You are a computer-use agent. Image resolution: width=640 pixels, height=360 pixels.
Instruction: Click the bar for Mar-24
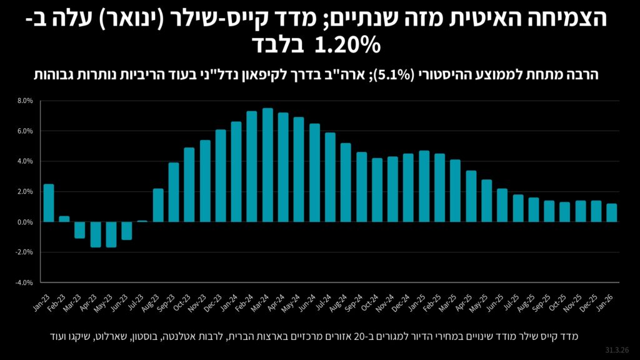267,165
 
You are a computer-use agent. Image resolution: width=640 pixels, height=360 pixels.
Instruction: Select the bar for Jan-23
49,203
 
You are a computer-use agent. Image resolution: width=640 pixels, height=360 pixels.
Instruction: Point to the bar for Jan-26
611,212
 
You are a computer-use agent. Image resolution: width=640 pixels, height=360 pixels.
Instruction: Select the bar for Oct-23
189,184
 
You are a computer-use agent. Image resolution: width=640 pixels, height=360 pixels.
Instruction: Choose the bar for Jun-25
502,205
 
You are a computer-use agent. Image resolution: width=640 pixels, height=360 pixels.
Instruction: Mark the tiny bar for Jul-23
142,221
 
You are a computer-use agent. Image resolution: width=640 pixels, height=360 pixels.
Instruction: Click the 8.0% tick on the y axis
25,101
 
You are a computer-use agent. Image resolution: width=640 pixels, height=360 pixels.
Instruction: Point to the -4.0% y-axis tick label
24,282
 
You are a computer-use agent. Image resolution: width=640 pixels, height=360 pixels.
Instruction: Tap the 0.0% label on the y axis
25,222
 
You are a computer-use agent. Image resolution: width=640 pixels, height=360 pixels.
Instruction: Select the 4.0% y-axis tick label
25,161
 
